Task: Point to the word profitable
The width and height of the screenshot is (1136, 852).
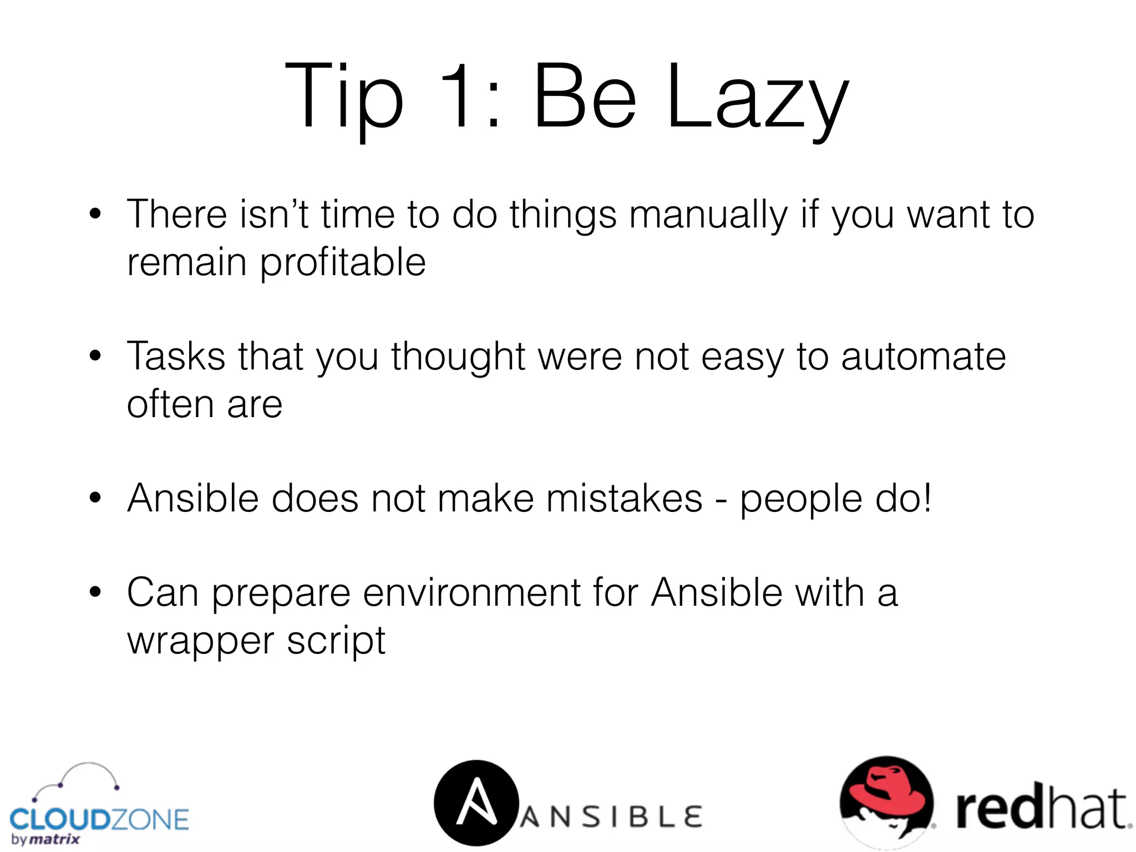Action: (x=343, y=263)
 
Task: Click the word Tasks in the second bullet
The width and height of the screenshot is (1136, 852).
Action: (x=176, y=356)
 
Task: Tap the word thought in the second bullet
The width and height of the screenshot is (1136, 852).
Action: (x=458, y=357)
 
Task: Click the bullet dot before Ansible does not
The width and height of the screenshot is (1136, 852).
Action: (x=95, y=498)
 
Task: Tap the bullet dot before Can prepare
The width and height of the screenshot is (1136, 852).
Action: (x=95, y=592)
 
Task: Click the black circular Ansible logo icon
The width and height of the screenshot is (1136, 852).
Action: (x=476, y=803)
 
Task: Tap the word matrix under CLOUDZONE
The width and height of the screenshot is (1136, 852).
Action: (x=54, y=839)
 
